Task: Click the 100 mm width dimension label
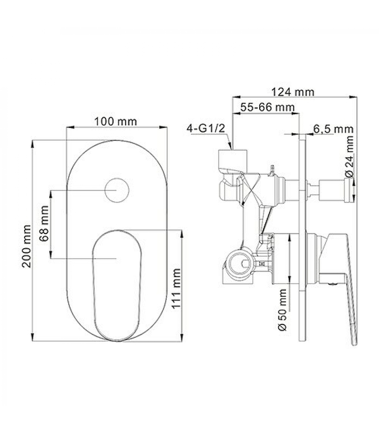click(x=115, y=122)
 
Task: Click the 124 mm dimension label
click(x=293, y=92)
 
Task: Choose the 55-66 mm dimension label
click(x=267, y=107)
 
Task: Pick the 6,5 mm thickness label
click(x=333, y=129)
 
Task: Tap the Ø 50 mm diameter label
click(x=282, y=310)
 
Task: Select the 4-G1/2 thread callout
click(x=206, y=128)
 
